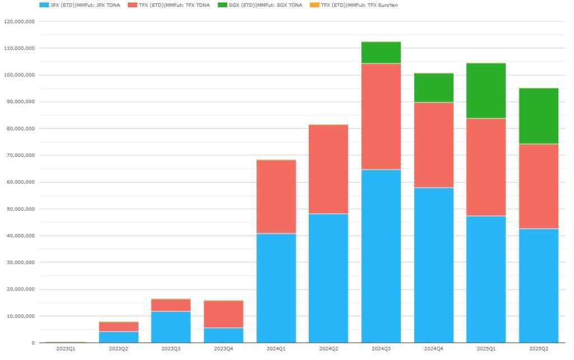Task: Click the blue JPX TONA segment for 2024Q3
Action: coord(381,256)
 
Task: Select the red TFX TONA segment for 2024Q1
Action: coord(276,197)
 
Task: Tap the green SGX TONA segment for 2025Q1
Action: coord(486,91)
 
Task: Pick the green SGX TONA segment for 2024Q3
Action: coord(381,53)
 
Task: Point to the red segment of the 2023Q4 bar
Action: coord(223,314)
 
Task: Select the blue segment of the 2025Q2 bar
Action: coord(539,285)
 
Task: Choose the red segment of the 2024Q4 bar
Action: coord(434,145)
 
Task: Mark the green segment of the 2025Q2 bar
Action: coord(539,116)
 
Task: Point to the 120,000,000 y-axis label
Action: coord(19,22)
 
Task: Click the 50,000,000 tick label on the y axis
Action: coord(20,209)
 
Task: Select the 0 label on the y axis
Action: coord(33,343)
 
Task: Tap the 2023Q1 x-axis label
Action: coord(66,349)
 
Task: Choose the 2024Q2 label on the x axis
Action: coord(328,349)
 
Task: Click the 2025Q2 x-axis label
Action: coord(539,349)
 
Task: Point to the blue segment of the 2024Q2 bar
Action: coord(328,278)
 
